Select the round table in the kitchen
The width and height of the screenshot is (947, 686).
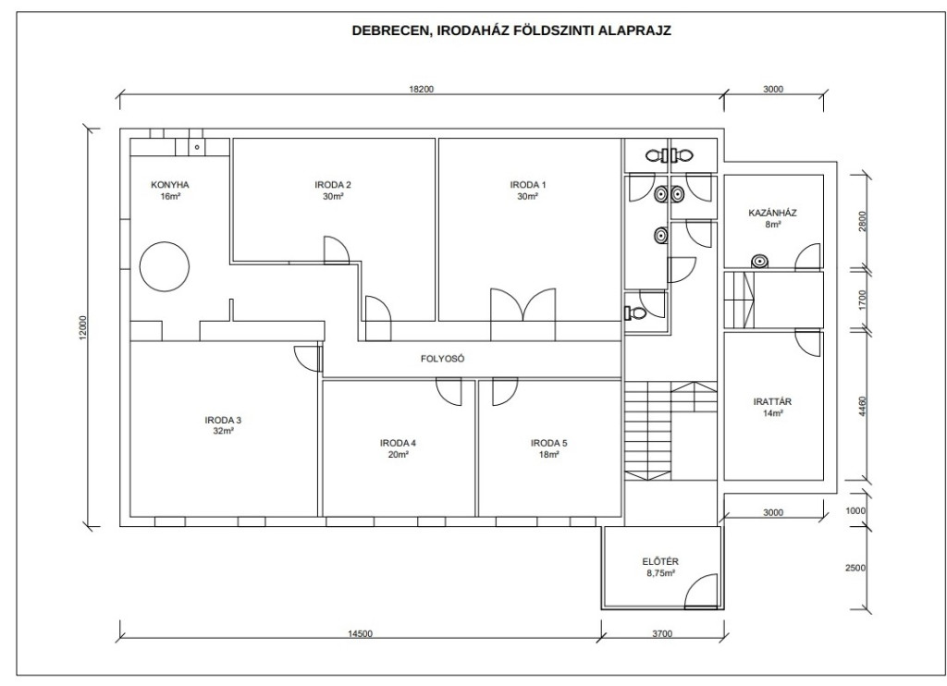165,266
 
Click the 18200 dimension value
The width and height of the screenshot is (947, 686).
422,90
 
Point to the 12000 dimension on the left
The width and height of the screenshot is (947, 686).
83,328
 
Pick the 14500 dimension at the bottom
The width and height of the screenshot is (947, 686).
361,633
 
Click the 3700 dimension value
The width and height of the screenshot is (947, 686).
662,633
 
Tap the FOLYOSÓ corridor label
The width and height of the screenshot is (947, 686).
443,359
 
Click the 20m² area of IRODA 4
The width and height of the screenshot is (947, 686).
398,455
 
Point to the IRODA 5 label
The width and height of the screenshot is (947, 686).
549,443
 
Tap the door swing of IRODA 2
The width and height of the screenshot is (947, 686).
337,250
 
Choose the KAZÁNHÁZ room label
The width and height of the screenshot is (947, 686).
772,213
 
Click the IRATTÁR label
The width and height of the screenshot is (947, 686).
772,401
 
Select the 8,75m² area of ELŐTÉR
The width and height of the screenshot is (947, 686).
660,574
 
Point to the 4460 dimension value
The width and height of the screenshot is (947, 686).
863,406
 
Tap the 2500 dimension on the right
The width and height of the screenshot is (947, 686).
855,568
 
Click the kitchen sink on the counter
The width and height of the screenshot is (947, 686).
197,147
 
